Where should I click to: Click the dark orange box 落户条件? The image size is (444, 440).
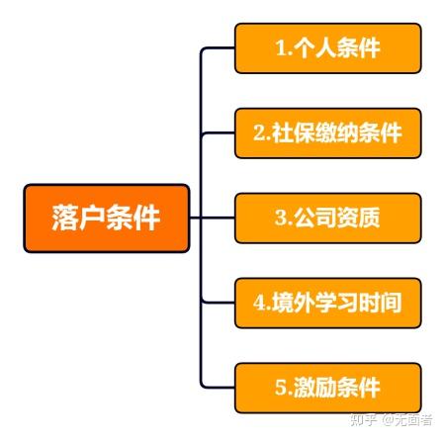click(107, 218)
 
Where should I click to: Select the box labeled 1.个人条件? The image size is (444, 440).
click(327, 48)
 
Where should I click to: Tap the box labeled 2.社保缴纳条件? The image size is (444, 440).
click(327, 133)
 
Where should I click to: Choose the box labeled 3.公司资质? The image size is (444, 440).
click(327, 218)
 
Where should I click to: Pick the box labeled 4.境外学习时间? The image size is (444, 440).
click(327, 303)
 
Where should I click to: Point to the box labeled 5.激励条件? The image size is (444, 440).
click(327, 388)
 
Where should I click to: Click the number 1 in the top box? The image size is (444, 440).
click(281, 48)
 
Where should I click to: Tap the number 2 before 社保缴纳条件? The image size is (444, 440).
click(259, 133)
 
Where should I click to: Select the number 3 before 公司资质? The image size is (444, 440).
click(281, 218)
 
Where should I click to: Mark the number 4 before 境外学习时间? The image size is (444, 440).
click(259, 303)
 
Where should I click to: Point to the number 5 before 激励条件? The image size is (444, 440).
click(281, 388)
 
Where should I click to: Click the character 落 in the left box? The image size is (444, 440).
click(65, 218)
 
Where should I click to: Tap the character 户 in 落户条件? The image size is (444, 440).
click(92, 218)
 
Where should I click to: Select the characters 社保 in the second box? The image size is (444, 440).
click(293, 133)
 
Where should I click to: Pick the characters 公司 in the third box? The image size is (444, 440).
click(314, 218)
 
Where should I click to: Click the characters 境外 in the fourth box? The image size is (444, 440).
click(293, 303)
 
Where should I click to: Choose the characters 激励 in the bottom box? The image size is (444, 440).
click(314, 388)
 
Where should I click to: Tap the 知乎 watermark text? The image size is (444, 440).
click(364, 420)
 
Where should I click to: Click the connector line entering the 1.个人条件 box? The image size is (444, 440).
click(218, 48)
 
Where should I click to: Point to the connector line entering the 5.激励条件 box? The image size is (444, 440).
click(218, 387)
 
